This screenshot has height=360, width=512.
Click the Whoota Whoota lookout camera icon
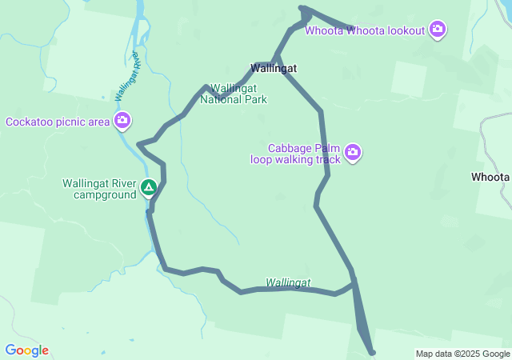[x=437, y=30]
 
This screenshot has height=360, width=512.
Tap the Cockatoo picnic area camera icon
[x=122, y=122]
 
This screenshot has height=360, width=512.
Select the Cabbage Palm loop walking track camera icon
[x=353, y=152]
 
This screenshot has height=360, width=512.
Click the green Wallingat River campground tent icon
[x=149, y=188]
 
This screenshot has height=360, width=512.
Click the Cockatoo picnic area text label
[x=57, y=122]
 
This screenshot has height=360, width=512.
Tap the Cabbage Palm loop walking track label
[x=295, y=154]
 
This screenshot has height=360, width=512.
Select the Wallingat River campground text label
[x=100, y=189]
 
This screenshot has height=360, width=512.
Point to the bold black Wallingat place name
[x=273, y=69]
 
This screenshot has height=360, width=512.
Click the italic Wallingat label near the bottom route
[x=288, y=282]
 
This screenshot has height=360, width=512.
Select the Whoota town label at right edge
[x=490, y=177]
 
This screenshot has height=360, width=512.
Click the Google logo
[x=26, y=350]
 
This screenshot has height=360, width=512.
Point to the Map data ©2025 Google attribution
[x=462, y=354]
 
